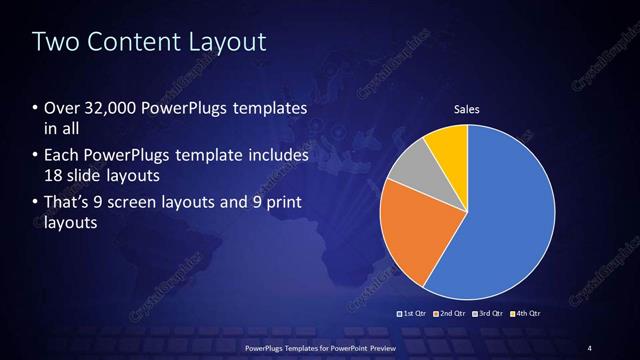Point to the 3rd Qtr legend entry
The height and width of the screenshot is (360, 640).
489,313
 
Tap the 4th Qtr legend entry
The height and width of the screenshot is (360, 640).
525,313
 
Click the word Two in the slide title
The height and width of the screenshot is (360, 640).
54,43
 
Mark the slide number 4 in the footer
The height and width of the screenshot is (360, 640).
590,347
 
